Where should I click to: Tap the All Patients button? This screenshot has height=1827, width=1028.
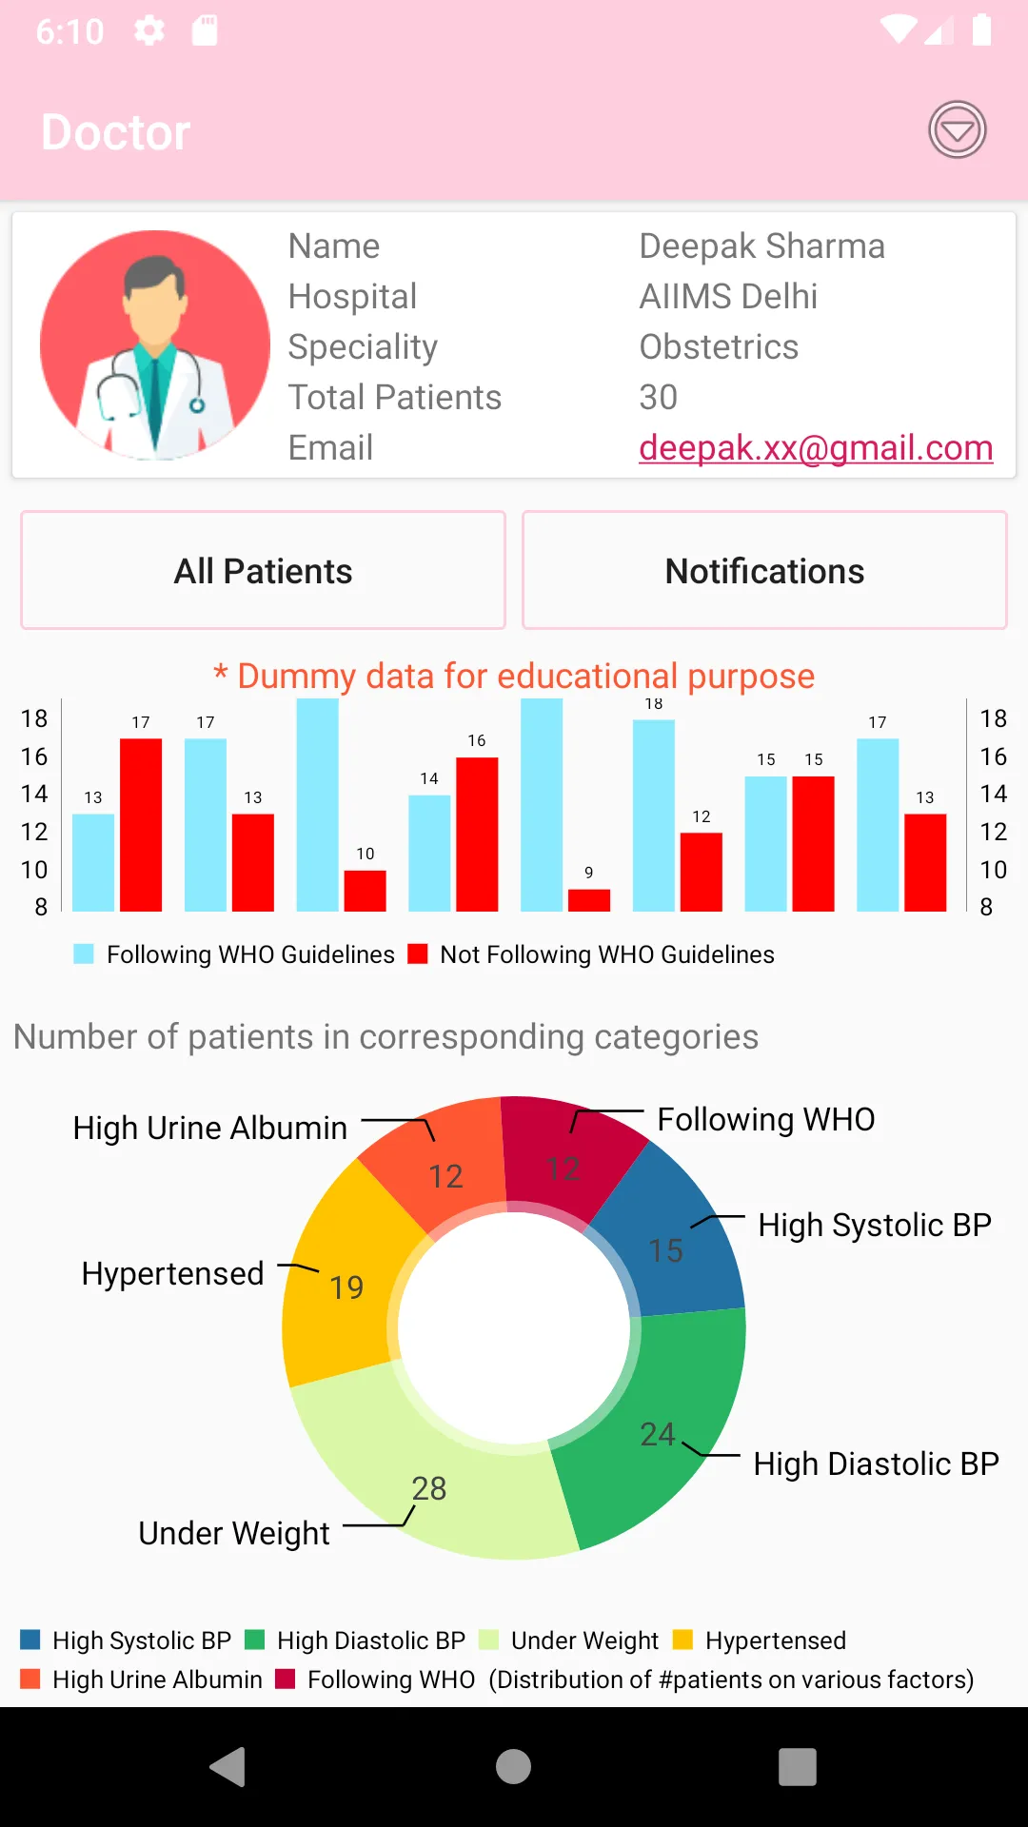pos(263,571)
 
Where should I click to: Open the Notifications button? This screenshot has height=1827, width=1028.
pos(764,571)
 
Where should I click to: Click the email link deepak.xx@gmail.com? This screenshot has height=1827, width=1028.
pos(816,447)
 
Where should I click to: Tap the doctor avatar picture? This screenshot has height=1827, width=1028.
pos(155,344)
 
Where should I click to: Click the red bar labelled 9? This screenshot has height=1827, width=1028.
pos(589,900)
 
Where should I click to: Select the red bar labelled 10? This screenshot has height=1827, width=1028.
pos(366,891)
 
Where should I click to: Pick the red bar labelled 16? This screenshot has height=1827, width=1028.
pos(477,835)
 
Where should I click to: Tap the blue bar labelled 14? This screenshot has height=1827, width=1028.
pos(429,854)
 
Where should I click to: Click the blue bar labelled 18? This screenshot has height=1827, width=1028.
pos(654,815)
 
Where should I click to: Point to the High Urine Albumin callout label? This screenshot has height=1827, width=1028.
pos(210,1128)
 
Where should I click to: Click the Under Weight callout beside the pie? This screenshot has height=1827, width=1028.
pos(234,1533)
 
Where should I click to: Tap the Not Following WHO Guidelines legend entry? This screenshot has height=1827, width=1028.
pos(591,954)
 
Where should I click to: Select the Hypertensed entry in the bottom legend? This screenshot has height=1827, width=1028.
pos(759,1640)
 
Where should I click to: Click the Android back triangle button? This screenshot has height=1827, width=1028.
pos(228,1767)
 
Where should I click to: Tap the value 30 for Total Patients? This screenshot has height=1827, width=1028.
pos(659,397)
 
